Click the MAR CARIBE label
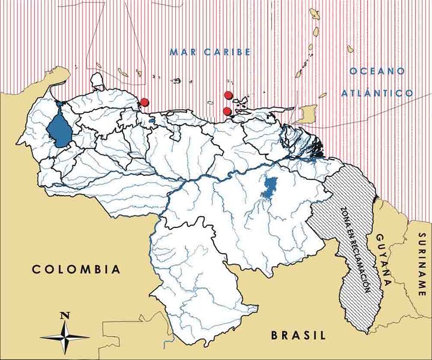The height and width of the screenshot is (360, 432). [209, 52]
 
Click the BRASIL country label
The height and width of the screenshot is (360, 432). [298, 335]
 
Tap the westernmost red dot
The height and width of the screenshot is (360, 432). [144, 102]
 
